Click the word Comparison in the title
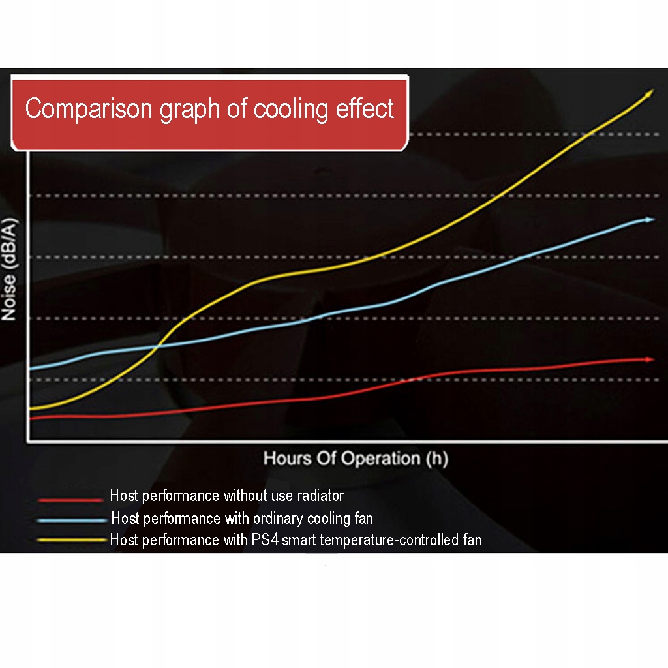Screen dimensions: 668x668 (89, 108)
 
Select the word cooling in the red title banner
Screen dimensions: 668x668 (291, 108)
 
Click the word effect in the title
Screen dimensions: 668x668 (365, 108)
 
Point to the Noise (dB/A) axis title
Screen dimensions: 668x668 (9, 269)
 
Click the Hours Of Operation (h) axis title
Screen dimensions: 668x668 (356, 459)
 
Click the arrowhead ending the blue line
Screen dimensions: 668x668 (648, 220)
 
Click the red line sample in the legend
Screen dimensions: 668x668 (70, 500)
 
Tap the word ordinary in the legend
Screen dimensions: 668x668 (273, 519)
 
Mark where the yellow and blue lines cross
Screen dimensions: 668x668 (159, 346)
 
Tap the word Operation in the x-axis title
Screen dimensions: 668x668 (380, 459)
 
